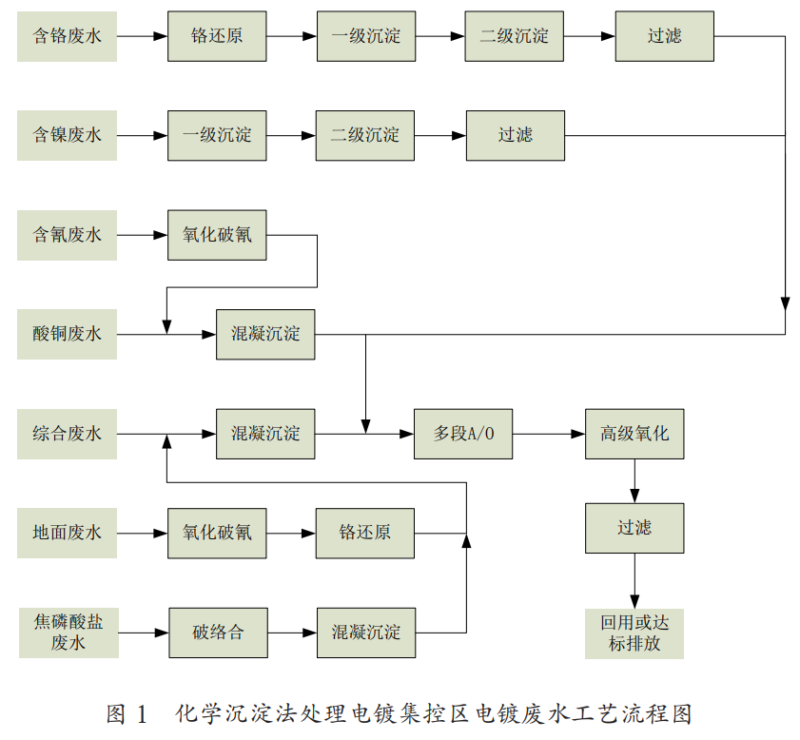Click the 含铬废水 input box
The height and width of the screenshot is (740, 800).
tap(67, 36)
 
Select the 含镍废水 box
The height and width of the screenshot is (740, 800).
tap(67, 135)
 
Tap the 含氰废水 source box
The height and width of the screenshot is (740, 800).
tap(67, 235)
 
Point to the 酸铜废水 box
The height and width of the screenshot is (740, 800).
tap(67, 334)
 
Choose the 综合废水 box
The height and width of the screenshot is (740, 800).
tap(67, 434)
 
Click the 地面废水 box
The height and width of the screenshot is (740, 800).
tap(67, 533)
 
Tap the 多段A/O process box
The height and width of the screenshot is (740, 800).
tap(463, 434)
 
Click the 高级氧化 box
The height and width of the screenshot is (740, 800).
tap(634, 434)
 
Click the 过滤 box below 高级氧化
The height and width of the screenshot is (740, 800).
tap(634, 528)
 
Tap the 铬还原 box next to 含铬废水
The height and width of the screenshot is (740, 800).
tap(218, 36)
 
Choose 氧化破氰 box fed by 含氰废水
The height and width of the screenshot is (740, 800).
tap(218, 235)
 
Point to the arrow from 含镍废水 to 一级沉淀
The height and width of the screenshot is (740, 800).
tap(143, 135)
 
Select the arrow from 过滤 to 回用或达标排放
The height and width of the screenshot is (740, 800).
tap(634, 580)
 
